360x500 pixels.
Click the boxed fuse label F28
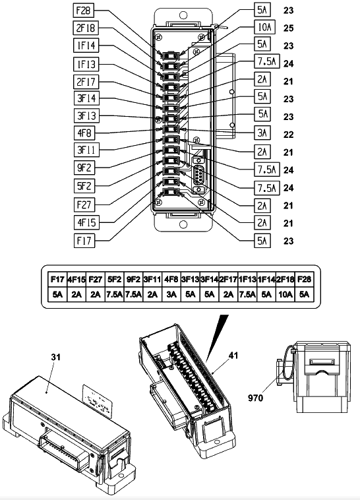pos(84,11)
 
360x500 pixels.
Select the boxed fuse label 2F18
pos(86,28)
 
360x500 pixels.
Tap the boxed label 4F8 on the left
pos(84,133)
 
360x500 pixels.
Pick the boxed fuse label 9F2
pos(84,167)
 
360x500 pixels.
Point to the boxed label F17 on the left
pos(84,240)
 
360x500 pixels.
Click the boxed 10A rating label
pos(264,28)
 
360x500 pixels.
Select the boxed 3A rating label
pos(262,133)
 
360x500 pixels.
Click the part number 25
pos(288,28)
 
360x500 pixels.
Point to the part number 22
pos(288,135)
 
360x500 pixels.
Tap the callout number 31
pos(56,357)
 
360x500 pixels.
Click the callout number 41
pos(233,356)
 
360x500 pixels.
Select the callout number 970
pos(256,398)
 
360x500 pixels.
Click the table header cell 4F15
pos(76,279)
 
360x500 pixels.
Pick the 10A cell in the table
pos(285,294)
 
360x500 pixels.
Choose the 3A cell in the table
pos(171,294)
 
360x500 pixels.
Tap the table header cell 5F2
pos(114,279)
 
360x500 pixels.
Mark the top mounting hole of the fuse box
pos(183,15)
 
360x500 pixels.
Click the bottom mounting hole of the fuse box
pos(183,224)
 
